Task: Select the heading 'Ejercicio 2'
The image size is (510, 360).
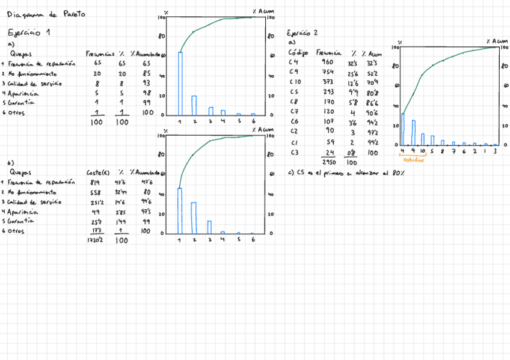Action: pos(303,33)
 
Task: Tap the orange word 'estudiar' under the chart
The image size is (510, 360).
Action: pos(413,160)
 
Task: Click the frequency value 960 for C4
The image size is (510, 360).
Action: pos(327,62)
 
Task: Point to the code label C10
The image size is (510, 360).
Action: pos(295,82)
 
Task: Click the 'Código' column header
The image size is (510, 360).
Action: pos(298,53)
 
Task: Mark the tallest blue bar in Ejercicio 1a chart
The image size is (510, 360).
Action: pos(180,84)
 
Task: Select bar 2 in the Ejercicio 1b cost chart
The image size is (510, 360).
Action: pos(194,218)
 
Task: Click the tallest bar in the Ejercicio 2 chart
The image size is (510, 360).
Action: pos(403,129)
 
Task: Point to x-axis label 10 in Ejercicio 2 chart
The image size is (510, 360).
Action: pos(423,152)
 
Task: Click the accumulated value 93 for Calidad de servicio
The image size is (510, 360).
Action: pos(146,84)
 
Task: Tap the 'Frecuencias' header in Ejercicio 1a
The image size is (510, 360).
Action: pos(100,53)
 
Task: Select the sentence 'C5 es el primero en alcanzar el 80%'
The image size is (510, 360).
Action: pos(346,173)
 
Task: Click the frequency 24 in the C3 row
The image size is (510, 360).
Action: pos(328,152)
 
